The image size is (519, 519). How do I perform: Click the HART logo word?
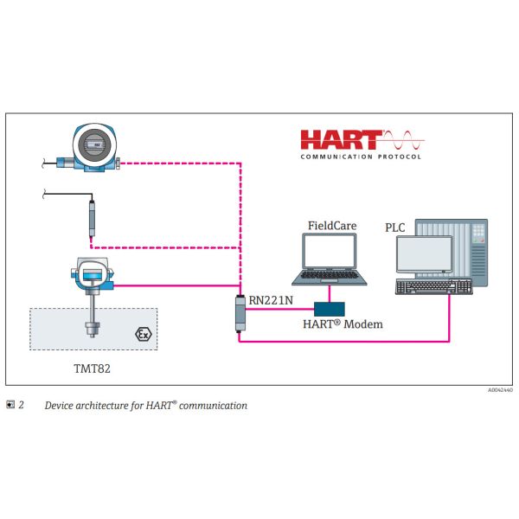coord(341,140)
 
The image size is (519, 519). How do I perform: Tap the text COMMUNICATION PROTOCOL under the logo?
coord(361,157)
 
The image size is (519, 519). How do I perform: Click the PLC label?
coord(395,227)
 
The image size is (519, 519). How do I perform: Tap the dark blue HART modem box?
coord(330,307)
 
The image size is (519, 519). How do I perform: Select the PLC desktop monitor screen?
coord(424,254)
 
